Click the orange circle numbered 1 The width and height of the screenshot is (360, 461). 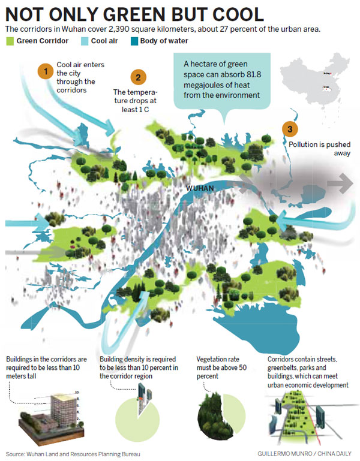[x=45, y=71]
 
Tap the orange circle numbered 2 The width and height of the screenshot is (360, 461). [x=138, y=77]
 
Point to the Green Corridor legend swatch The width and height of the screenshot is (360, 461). [x=10, y=41]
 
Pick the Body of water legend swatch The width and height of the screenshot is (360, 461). [x=135, y=41]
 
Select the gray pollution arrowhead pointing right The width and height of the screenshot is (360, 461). [x=344, y=183]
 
